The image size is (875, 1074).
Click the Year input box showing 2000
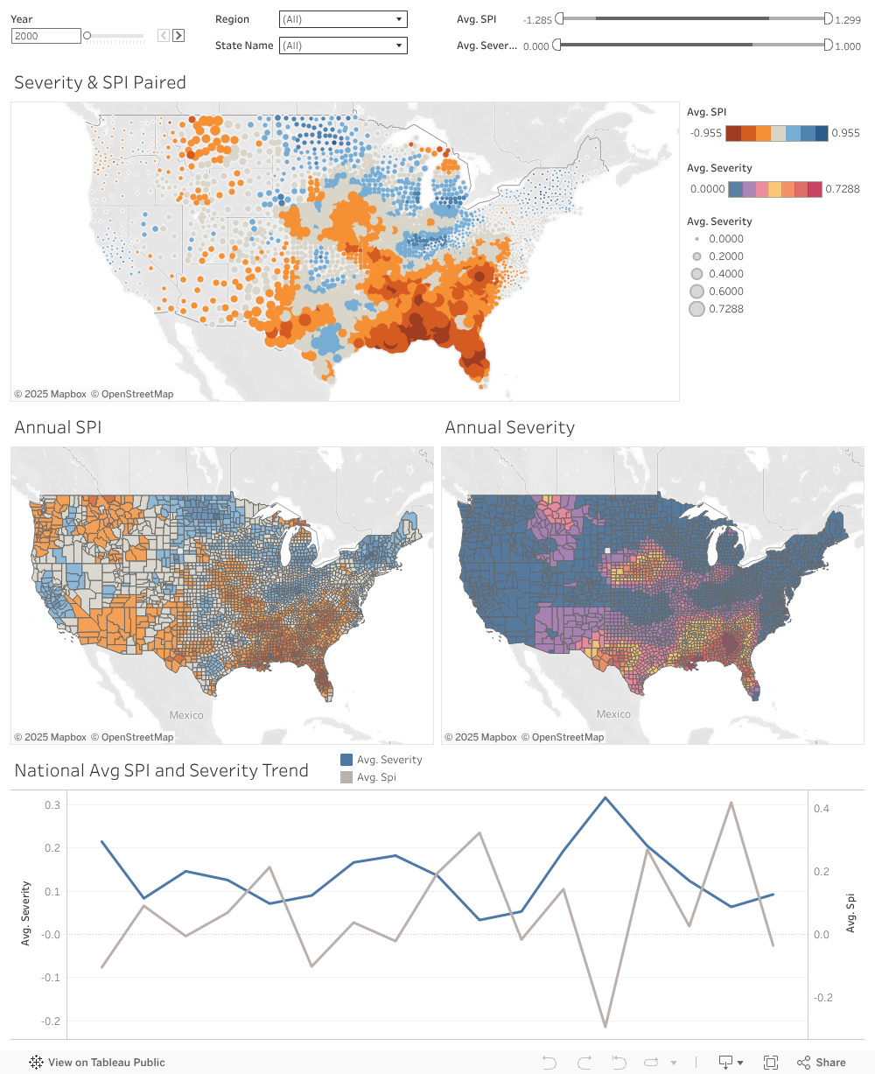45,36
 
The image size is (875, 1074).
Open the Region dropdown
343,19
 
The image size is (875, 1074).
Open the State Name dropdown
343,46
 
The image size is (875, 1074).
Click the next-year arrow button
178,36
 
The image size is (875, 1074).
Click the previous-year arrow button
164,36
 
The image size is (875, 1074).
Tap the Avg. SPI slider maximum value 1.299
847,20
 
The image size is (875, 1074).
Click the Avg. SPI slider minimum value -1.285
536,20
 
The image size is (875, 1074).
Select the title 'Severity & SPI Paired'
100,83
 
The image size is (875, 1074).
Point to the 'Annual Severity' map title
509,428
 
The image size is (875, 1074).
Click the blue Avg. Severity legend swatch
346,760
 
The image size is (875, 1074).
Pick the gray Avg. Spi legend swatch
346,777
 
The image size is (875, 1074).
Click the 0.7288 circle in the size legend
696,309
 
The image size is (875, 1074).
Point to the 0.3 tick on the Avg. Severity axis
53,805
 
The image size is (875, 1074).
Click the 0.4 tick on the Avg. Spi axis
821,809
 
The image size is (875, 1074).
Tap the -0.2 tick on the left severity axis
52,1021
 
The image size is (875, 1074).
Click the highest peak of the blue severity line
605,797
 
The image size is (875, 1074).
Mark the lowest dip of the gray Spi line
605,1026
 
